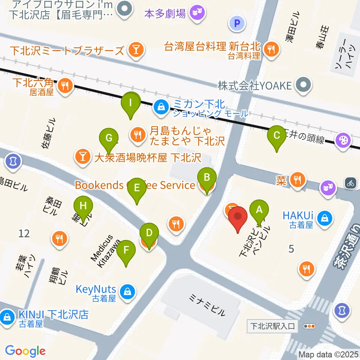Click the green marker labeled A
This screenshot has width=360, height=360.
(x=259, y=210)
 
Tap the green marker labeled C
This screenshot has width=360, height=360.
(x=277, y=135)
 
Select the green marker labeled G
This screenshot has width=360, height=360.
(x=109, y=138)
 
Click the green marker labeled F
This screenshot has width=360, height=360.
(x=126, y=250)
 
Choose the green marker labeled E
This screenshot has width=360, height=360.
(x=137, y=187)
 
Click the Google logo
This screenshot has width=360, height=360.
(x=25, y=351)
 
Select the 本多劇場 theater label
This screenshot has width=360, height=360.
(x=165, y=14)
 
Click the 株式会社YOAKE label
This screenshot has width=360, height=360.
(x=255, y=86)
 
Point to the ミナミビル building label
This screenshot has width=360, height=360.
(x=207, y=304)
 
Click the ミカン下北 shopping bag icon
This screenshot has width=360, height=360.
(x=161, y=107)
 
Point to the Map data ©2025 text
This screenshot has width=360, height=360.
(x=328, y=354)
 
